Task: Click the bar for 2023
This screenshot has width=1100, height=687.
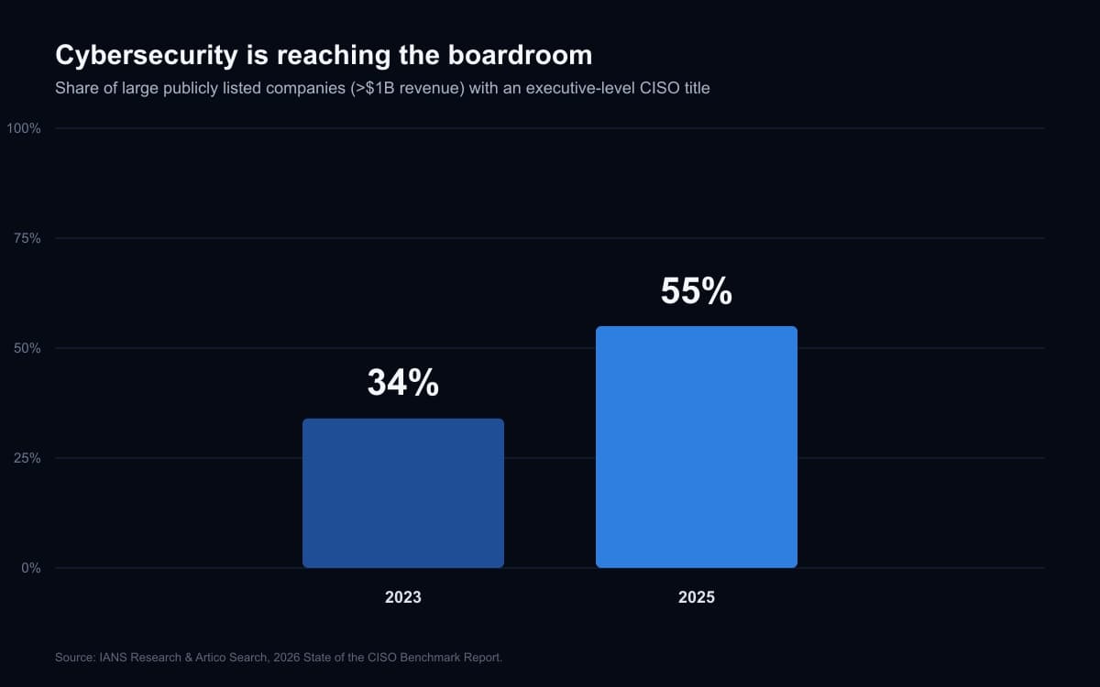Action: tap(403, 493)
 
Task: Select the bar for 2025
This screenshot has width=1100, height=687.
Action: tap(697, 447)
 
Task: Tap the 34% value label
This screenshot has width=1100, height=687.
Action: tap(403, 382)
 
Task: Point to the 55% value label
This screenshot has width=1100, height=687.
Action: tap(697, 290)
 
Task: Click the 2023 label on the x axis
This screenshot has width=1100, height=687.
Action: tap(403, 597)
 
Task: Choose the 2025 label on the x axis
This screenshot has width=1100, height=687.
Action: tap(697, 597)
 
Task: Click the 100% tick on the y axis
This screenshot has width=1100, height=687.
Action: tap(24, 128)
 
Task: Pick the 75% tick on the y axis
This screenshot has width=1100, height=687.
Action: tap(27, 238)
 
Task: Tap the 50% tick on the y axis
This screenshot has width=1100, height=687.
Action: tap(27, 348)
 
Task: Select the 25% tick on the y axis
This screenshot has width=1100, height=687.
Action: tap(27, 458)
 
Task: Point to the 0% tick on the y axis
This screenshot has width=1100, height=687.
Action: tap(31, 568)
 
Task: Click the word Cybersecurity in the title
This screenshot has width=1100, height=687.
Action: tap(147, 56)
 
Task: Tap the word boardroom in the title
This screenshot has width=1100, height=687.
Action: tap(520, 55)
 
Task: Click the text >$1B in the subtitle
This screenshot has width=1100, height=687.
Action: tap(373, 88)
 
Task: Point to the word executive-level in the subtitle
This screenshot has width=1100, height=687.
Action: tap(580, 88)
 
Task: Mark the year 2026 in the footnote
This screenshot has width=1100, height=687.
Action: tap(286, 658)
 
